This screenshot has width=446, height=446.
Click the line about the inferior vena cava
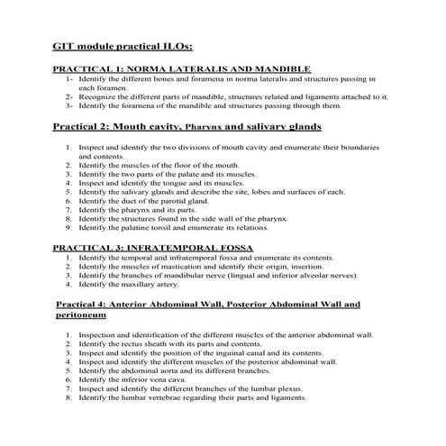click(x=140, y=380)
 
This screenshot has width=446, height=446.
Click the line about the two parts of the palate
click(x=167, y=174)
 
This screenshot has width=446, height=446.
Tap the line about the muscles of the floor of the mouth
click(x=158, y=165)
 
